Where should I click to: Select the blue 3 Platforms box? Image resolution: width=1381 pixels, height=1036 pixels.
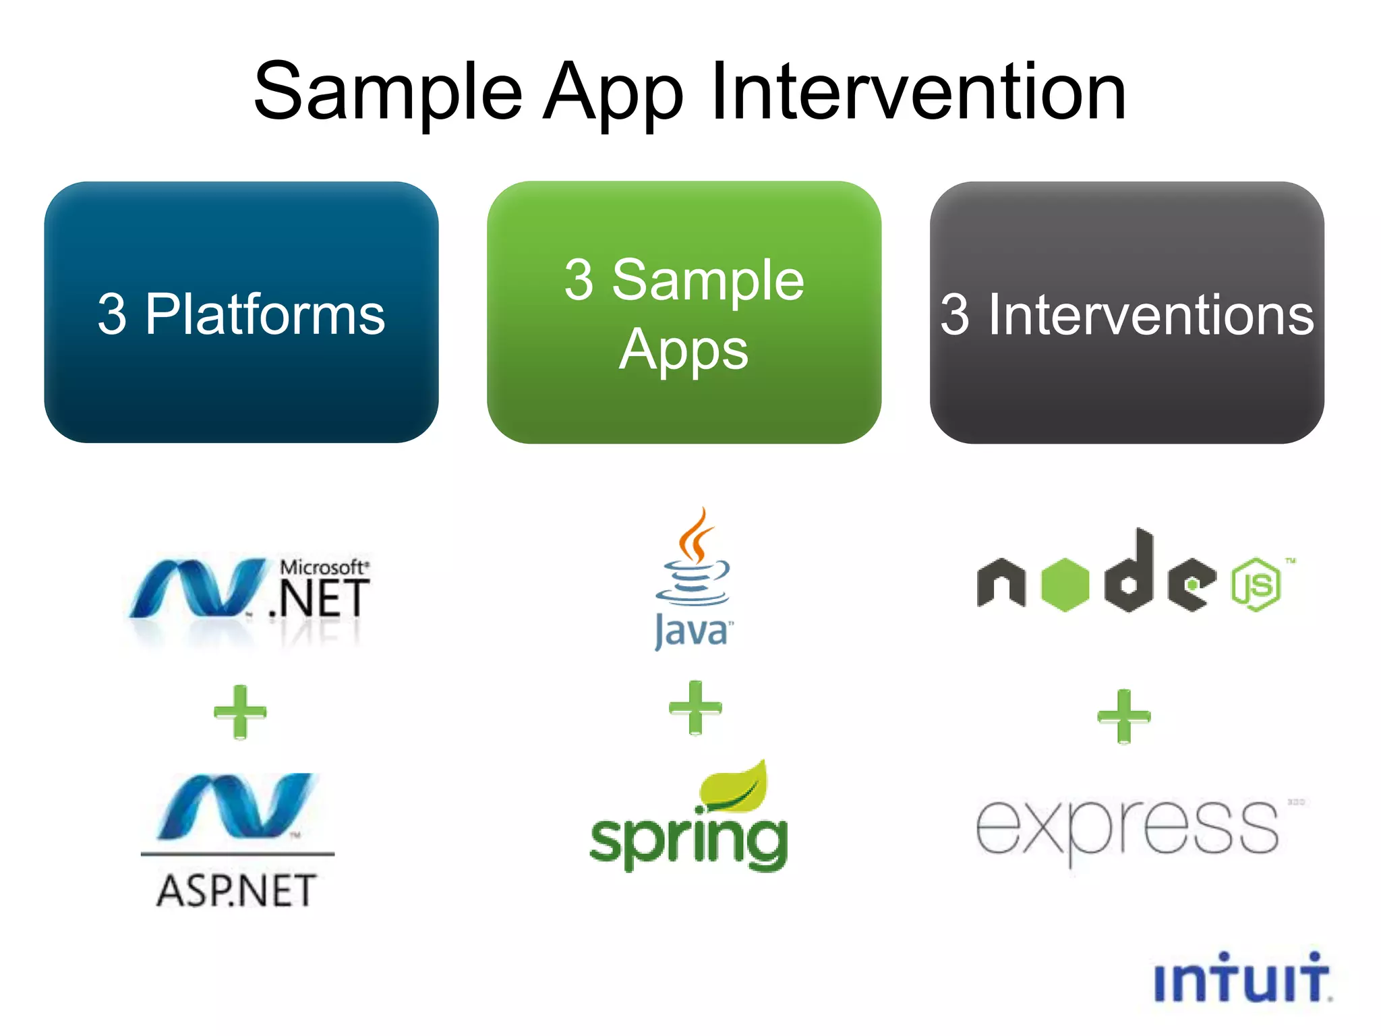[x=241, y=312]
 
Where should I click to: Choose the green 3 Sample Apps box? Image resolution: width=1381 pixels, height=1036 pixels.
[x=684, y=312]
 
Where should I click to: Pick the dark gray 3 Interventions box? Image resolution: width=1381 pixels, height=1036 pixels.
[x=1126, y=312]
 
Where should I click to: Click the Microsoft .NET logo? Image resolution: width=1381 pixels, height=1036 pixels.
[x=249, y=590]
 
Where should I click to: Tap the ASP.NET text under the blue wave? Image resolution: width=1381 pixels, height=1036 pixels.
[x=236, y=890]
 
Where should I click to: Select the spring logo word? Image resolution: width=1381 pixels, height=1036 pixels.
[x=688, y=840]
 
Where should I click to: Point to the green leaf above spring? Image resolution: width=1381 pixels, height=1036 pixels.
[x=735, y=786]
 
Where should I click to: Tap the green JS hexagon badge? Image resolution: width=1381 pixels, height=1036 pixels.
[x=1256, y=584]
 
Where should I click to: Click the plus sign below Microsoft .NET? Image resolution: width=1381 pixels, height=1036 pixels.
[x=240, y=712]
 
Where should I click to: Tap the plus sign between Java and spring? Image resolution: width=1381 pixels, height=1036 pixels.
[x=695, y=708]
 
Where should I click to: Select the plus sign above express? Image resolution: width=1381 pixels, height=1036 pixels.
[x=1123, y=716]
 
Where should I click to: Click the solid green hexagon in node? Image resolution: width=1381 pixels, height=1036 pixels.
[x=1065, y=585]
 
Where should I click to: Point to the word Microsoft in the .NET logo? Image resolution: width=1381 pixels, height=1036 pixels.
[x=322, y=567]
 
